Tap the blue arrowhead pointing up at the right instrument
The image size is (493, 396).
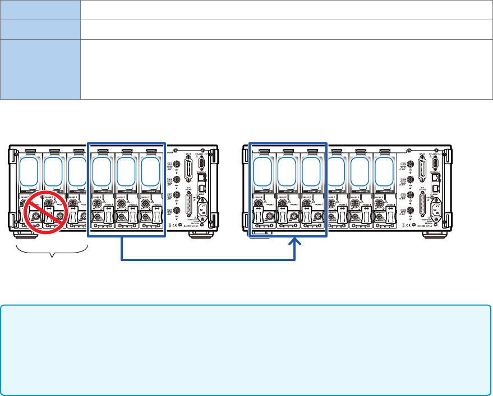[295, 245]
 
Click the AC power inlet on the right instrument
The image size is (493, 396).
[436, 211]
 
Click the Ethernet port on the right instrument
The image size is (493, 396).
[436, 177]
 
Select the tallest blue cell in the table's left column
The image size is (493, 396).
[40, 69]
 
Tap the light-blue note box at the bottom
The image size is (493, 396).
[246, 350]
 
